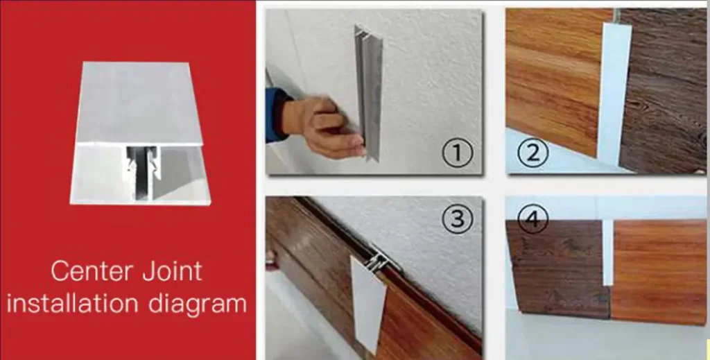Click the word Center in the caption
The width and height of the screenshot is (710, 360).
pos(92,271)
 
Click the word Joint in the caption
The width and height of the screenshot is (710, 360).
pos(173,271)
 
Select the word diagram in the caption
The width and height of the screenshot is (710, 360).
pos(198,305)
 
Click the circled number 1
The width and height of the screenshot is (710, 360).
pos(458,153)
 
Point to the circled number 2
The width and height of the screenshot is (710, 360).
pos(532,153)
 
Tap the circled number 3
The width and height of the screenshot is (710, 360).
pos(458,218)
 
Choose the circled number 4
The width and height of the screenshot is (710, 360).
pos(532,218)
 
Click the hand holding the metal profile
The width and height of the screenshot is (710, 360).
pos(322,127)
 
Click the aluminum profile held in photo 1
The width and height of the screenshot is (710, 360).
pos(369,93)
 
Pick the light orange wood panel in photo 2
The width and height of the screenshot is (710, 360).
pos(555,77)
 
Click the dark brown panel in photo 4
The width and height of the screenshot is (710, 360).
pos(558,268)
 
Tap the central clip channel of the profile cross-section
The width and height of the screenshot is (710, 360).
pos(143,173)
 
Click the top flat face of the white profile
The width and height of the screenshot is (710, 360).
pos(139,103)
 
